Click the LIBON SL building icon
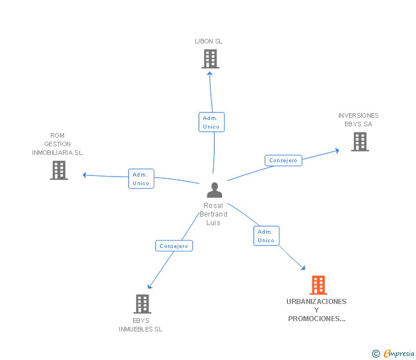[210, 58]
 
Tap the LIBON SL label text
[209, 41]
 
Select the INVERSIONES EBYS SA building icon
[360, 141]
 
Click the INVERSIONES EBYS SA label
[358, 119]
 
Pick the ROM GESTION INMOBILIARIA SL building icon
[59, 170]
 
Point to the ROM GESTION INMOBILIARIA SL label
[57, 145]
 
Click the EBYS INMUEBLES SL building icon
[142, 303]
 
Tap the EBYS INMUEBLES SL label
[141, 325]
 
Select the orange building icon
[318, 285]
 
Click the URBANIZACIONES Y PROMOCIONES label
[317, 310]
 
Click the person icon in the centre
[214, 190]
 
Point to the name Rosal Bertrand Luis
[213, 214]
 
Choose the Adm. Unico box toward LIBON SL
[211, 122]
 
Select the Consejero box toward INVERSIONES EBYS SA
[283, 161]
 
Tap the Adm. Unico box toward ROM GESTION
[141, 179]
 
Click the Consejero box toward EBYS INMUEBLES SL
[174, 246]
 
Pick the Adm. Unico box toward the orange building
[266, 236]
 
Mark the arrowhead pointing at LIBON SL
[210, 73]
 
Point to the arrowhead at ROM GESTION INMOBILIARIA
[85, 175]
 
